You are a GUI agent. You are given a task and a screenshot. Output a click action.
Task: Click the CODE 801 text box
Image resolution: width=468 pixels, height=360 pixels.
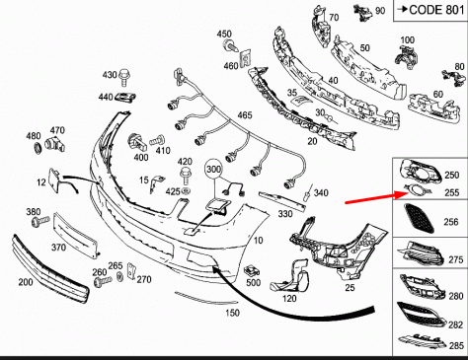(x=430, y=11)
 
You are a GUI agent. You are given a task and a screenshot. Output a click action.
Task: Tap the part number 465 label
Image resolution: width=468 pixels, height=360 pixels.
(x=245, y=115)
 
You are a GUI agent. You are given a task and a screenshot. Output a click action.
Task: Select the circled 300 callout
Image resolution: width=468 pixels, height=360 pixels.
(x=213, y=170)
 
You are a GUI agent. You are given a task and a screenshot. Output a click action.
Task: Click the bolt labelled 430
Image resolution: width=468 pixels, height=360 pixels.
(x=124, y=77)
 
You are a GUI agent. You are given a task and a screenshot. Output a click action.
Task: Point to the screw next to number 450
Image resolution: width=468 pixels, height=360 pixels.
(x=232, y=45)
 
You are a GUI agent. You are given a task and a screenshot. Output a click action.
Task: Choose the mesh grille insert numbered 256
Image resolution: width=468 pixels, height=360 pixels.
(x=419, y=218)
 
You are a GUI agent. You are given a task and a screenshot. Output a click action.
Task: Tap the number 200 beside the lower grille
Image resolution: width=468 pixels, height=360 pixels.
(x=26, y=282)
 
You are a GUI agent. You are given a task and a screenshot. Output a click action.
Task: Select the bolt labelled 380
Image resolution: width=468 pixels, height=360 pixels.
(x=40, y=221)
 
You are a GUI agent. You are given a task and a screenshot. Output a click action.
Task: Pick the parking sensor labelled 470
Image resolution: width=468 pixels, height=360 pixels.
(x=54, y=143)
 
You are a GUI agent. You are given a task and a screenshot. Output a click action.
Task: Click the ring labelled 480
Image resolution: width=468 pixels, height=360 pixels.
(x=39, y=148)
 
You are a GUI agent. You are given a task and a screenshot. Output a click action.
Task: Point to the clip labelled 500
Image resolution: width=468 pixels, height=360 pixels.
(x=252, y=271)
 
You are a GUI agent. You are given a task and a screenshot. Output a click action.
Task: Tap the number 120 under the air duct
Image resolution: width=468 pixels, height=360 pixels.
(x=289, y=299)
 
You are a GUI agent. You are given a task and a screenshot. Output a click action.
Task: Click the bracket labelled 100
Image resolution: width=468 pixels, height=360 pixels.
(x=406, y=56)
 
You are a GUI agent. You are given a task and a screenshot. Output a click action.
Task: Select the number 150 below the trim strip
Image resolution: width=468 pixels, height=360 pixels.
(x=232, y=313)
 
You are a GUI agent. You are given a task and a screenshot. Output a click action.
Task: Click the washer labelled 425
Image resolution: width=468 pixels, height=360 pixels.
(x=186, y=191)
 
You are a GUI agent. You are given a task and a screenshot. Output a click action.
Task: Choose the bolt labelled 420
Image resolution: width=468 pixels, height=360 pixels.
(x=186, y=177)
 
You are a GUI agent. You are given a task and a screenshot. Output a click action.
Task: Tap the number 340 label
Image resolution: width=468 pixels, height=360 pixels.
(x=321, y=192)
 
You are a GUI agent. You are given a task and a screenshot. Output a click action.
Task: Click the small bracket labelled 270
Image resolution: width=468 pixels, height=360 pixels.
(x=132, y=271)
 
